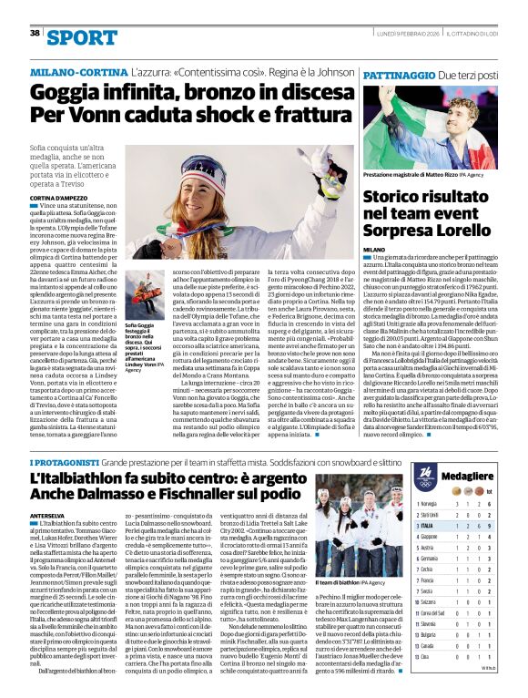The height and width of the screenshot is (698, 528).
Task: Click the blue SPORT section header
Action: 82,37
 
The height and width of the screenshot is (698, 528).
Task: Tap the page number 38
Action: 35,33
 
